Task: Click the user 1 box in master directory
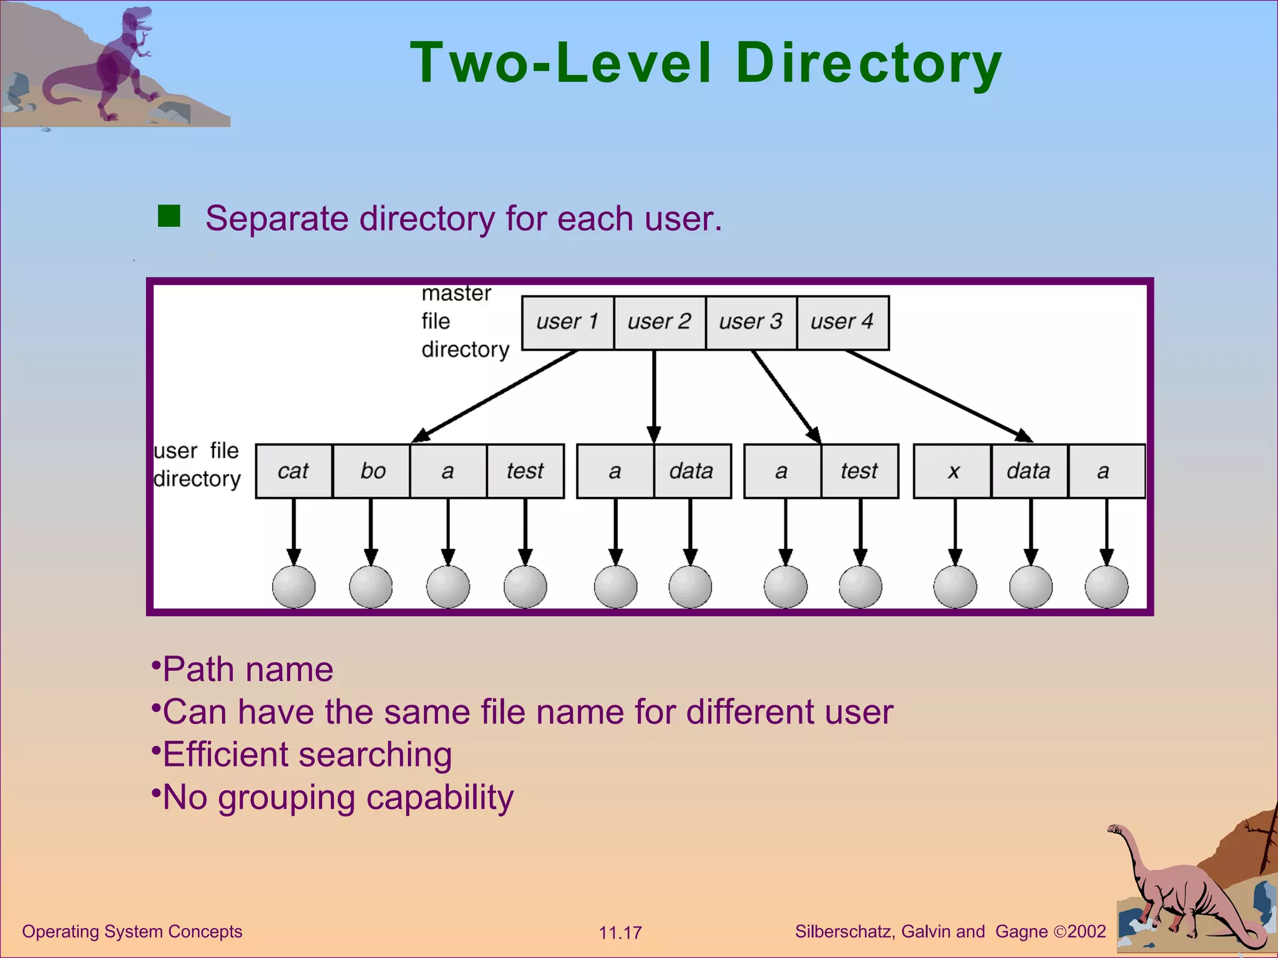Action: [x=567, y=322]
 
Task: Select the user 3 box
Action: [x=751, y=322]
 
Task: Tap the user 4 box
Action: [x=842, y=322]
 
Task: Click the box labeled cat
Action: [x=294, y=471]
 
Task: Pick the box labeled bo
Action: [x=372, y=471]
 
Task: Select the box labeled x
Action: [x=953, y=471]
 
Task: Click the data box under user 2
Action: [x=691, y=471]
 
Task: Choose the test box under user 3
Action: [x=859, y=471]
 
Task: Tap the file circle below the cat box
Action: [x=294, y=586]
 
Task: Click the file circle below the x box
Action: [x=955, y=586]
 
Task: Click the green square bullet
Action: [x=169, y=216]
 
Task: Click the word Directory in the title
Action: [x=869, y=64]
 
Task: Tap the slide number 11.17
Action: [x=620, y=933]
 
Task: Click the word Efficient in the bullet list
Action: [x=225, y=755]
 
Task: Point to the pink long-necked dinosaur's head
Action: [x=1115, y=829]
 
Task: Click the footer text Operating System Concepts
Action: [x=132, y=931]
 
